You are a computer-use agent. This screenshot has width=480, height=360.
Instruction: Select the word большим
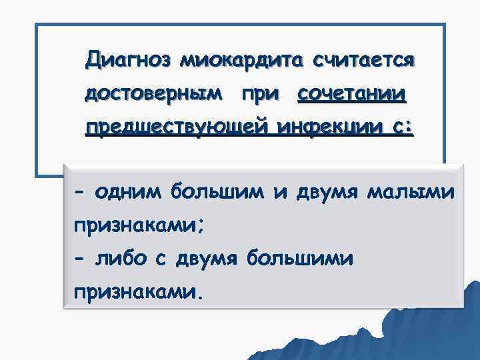click(218, 193)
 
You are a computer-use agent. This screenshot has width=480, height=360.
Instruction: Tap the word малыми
click(411, 193)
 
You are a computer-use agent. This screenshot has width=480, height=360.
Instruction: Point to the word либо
click(129, 257)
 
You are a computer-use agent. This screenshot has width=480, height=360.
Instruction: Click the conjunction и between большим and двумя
click(279, 193)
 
